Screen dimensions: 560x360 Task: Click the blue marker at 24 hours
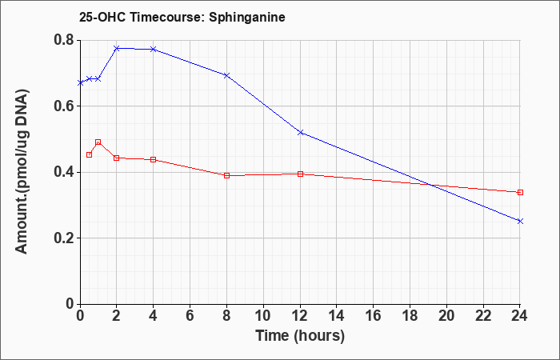[x=520, y=221]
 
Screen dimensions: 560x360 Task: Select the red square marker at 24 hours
[x=520, y=193]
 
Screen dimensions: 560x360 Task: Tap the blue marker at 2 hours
[x=117, y=48]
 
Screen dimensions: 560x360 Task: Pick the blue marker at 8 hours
[x=226, y=75]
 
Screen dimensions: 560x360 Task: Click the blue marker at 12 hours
[x=300, y=133]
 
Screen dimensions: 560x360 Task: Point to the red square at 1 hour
[x=98, y=142]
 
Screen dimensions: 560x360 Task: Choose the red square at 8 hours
[x=226, y=175]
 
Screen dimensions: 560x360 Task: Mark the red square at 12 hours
[x=300, y=174]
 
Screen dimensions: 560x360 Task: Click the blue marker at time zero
[x=80, y=83]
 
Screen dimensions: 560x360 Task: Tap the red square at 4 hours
[x=154, y=159]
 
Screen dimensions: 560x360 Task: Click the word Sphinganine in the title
[x=246, y=17]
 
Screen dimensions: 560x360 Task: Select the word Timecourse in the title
[x=166, y=17]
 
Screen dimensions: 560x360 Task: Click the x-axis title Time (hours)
[x=300, y=336]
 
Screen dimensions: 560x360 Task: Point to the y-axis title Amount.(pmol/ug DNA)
[x=22, y=172]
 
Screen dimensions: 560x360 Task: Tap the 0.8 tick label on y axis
[x=64, y=40]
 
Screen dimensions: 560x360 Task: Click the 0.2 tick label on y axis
[x=64, y=238]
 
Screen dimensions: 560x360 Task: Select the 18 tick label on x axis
[x=410, y=316]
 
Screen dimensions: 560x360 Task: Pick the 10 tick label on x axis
[x=263, y=316]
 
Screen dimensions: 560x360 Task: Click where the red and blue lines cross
[x=431, y=185]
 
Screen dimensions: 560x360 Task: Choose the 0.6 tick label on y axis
[x=64, y=106]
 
